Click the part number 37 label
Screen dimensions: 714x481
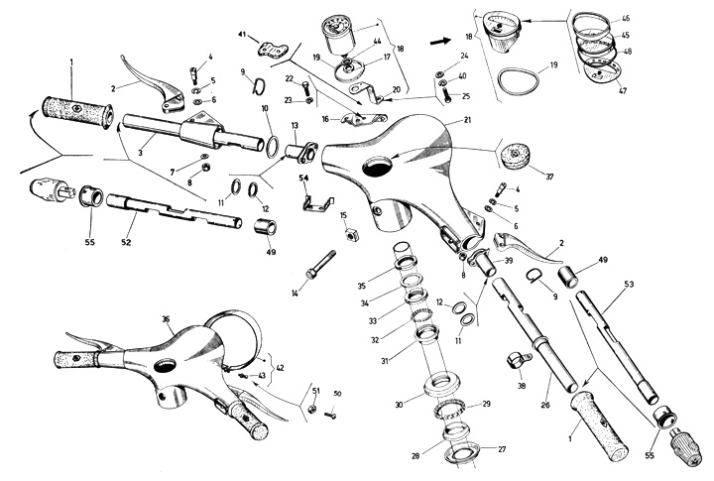[549, 177]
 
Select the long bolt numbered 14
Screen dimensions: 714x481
[321, 264]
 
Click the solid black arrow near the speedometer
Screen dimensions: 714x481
[440, 42]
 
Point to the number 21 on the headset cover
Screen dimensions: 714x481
[467, 120]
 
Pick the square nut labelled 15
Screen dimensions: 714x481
[351, 235]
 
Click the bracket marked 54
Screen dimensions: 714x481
[318, 202]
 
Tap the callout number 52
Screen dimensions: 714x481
[126, 242]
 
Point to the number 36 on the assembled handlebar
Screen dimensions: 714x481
[166, 319]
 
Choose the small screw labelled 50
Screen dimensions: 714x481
[331, 415]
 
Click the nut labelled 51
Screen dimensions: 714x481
[312, 409]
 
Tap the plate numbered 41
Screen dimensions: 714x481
[273, 50]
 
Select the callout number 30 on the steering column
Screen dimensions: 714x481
[399, 404]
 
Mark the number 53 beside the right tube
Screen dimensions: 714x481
[629, 285]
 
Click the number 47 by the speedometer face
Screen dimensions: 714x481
[623, 90]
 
